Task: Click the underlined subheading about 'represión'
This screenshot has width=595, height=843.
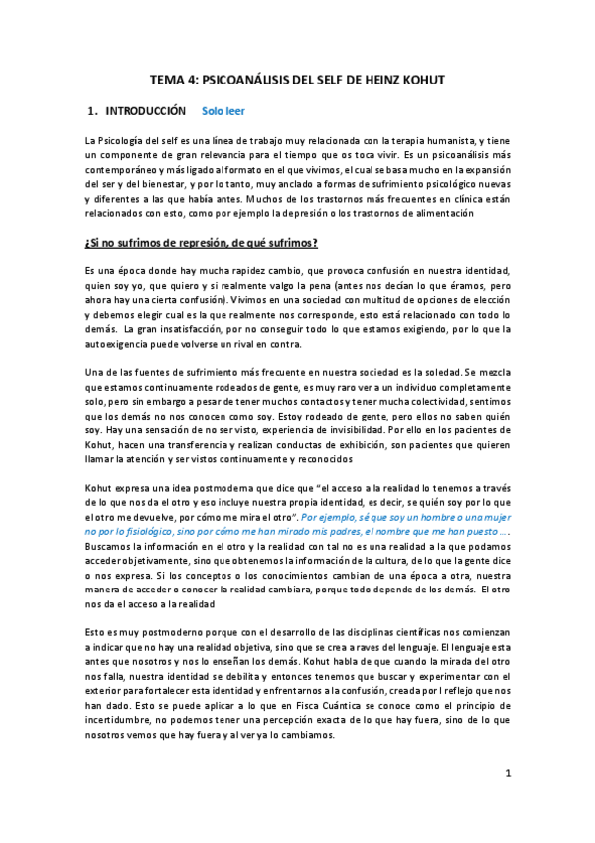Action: tap(202, 242)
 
